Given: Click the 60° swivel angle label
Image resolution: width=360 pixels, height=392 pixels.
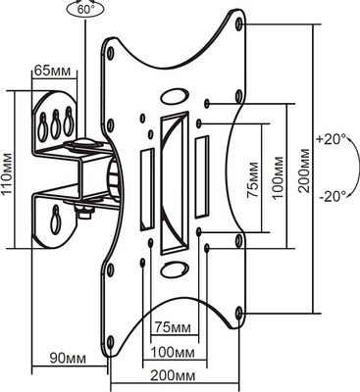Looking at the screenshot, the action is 86,9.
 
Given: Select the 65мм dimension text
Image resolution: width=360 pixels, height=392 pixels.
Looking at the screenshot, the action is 52,71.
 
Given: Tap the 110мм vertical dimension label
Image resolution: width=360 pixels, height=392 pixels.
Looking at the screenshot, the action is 7,173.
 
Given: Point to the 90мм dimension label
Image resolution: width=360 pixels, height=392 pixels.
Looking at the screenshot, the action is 68,359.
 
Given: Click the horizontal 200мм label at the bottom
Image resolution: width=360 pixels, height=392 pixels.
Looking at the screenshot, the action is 173,376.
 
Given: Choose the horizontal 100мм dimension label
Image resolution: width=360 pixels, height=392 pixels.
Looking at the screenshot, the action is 173,353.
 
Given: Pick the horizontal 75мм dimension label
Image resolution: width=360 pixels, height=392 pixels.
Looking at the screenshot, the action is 173,327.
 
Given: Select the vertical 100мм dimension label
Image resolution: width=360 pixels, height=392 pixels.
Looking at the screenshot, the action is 279,178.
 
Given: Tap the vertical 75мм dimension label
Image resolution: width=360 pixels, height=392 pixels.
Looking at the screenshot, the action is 253,179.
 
